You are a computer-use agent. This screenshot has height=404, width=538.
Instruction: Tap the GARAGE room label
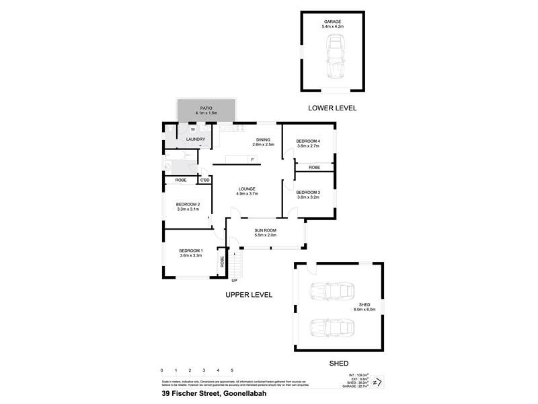[x=333, y=22]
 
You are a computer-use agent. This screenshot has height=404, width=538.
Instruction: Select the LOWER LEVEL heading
[x=332, y=108]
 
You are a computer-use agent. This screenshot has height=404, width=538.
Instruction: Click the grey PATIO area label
[x=206, y=108]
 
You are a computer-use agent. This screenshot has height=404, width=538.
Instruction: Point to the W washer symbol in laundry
[x=193, y=129]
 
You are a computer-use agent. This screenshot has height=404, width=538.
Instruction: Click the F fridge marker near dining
[x=252, y=160]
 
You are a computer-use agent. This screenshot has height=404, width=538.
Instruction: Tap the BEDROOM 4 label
[x=309, y=141]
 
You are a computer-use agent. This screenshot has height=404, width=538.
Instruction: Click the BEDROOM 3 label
[x=309, y=193]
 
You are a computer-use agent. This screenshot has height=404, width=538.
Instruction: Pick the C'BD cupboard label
[x=204, y=180]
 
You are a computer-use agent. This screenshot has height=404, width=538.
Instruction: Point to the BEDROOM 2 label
[x=188, y=205]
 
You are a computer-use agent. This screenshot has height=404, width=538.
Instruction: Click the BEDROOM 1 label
[x=191, y=251]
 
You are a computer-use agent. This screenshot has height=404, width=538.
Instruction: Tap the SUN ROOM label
[x=266, y=230]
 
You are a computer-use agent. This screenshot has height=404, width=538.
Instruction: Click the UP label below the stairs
[x=234, y=280]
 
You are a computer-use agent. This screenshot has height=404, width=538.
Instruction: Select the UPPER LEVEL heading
[x=249, y=295]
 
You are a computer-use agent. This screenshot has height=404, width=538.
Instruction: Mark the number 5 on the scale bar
[x=232, y=371]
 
